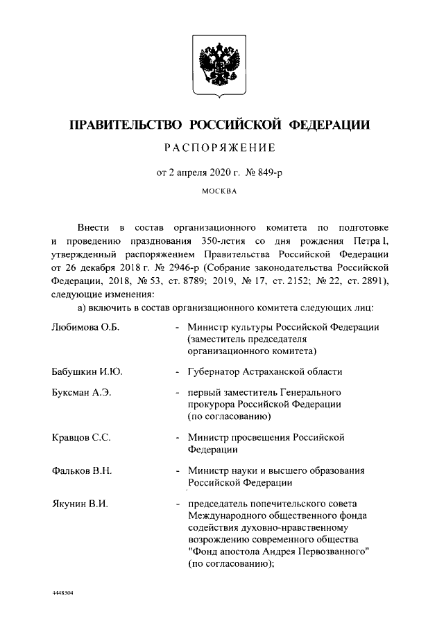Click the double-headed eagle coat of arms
click(x=221, y=65)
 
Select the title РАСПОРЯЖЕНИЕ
click(x=220, y=147)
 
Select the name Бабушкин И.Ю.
click(x=87, y=372)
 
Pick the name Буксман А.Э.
click(x=82, y=393)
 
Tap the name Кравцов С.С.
click(x=82, y=438)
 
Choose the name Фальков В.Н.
click(x=82, y=472)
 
